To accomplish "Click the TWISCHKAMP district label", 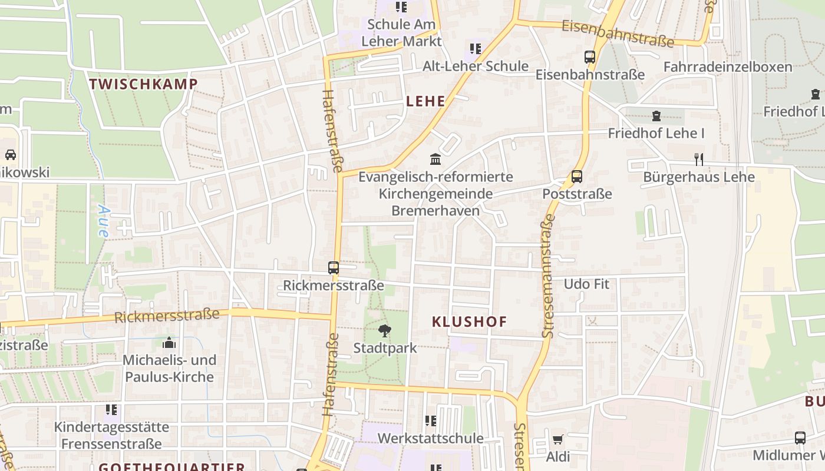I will [143, 84].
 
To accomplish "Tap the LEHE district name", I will [426, 101].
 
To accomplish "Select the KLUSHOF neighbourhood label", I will [470, 321].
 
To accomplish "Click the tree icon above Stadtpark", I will [385, 331].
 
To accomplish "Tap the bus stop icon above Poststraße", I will [577, 177].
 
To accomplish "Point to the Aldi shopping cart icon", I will [557, 439].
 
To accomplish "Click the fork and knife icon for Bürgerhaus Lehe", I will [699, 159].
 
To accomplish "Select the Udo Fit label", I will [586, 284].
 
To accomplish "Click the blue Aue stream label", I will [104, 221].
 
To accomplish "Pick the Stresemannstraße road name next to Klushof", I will [547, 276].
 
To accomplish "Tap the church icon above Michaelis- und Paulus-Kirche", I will [169, 343].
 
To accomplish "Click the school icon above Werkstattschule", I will [431, 421].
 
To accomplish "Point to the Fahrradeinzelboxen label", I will [728, 67].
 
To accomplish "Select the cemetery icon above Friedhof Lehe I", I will [656, 116].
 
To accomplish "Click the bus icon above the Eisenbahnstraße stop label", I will [590, 57].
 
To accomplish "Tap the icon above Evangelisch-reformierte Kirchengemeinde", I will [435, 159].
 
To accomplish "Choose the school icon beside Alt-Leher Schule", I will [475, 48].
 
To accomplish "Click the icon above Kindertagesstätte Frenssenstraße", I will [111, 409].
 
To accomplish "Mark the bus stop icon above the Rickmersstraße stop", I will [334, 268].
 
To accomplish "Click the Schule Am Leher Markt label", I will [401, 33].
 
